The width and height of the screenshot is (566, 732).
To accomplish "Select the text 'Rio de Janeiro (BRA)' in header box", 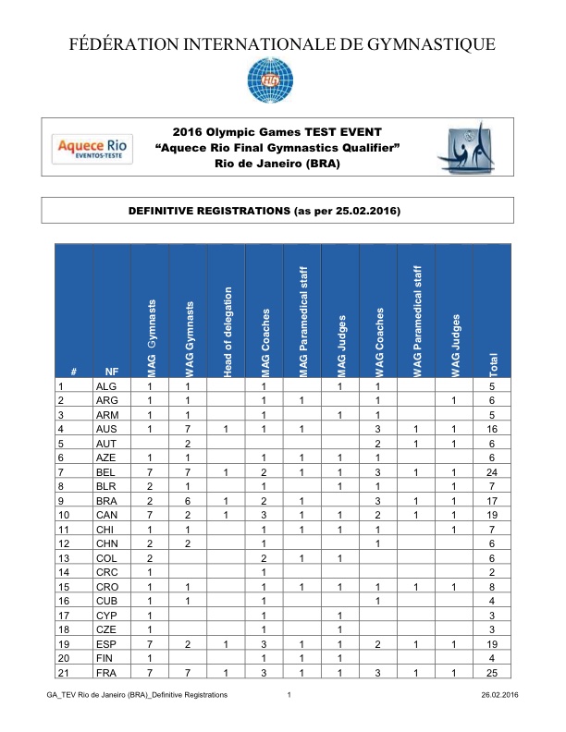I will [x=277, y=164].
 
